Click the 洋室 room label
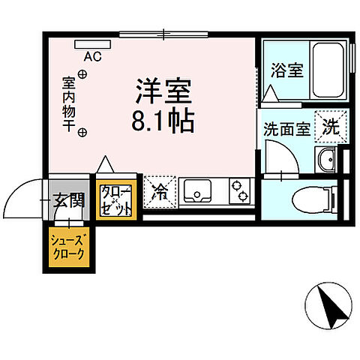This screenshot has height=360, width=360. (164, 93)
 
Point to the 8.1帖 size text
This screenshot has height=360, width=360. (164, 120)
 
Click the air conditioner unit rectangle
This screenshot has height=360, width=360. (93, 43)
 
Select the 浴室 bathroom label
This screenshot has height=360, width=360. (286, 72)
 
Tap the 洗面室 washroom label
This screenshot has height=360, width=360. (286, 128)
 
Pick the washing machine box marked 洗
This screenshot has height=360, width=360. (329, 126)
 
